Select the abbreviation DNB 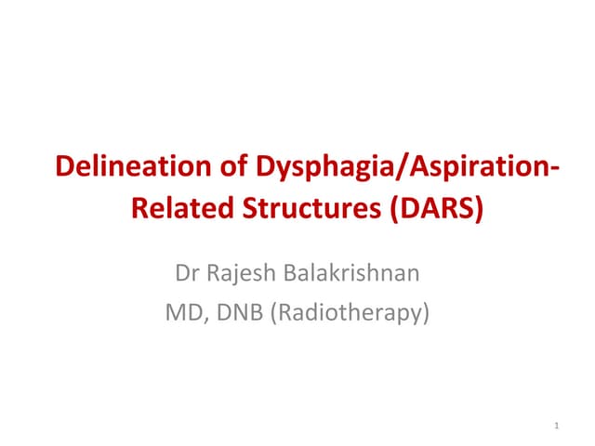[x=233, y=313]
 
